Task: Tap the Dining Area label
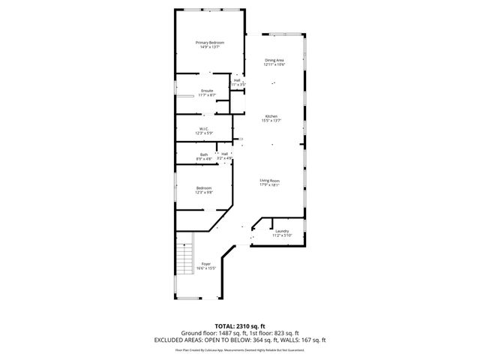tap(274, 60)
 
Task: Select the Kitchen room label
tap(271, 115)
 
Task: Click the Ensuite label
tap(207, 91)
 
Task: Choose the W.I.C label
tap(203, 128)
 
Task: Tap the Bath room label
tap(204, 154)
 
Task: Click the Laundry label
tap(282, 231)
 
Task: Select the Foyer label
tap(205, 264)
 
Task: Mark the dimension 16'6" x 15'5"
tap(205, 268)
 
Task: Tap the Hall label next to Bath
tap(224, 154)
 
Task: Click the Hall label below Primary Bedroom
tap(237, 79)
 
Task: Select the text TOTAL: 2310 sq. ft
tap(240, 326)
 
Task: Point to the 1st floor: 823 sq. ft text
tap(272, 332)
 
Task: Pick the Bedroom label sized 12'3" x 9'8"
tap(204, 187)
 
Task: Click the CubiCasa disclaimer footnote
tap(240, 349)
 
